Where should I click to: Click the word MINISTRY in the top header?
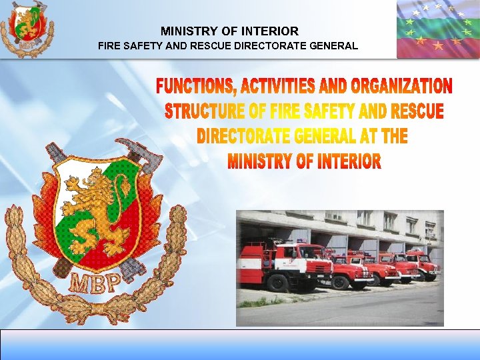tap(185, 31)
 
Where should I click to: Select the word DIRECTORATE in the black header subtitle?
tap(251, 47)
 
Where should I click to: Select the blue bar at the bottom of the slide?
tap(240, 344)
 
